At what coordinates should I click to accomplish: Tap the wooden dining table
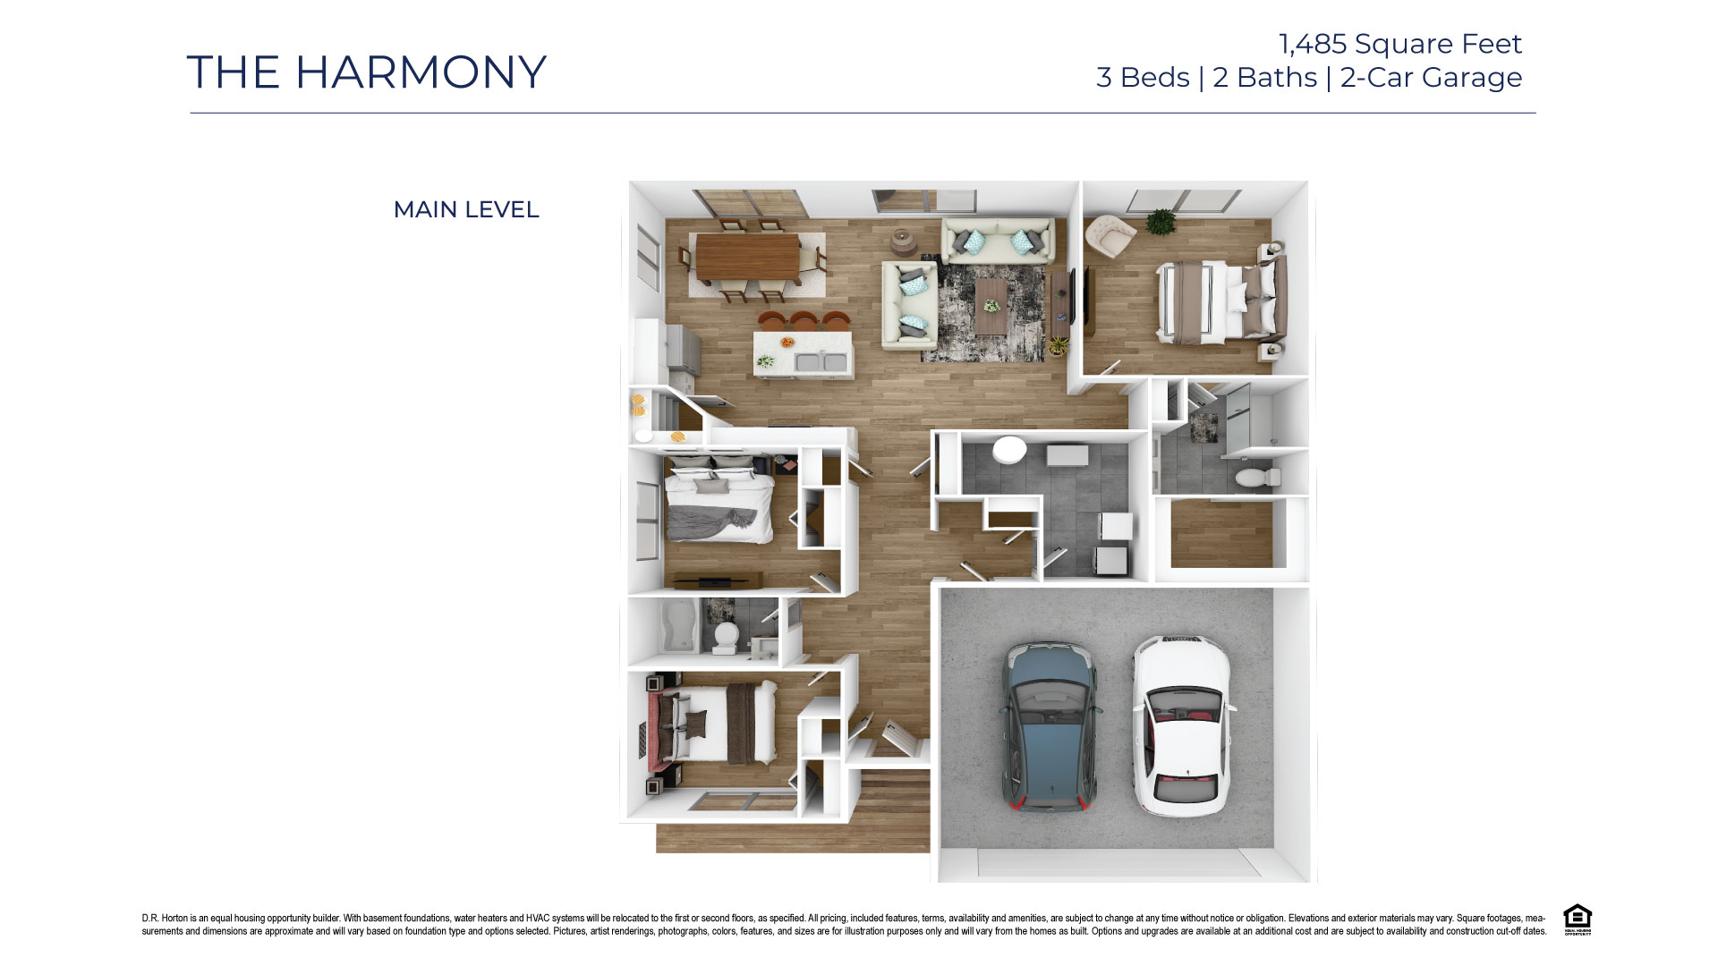pos(748,257)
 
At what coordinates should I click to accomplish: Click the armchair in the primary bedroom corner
pos(1110,235)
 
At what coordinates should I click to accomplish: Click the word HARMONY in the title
pos(421,72)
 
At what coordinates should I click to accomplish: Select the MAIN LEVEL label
pos(466,209)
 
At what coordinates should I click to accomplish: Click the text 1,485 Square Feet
pos(1399,44)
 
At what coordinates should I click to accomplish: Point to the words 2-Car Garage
pos(1431,78)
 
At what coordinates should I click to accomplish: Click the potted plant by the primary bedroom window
pos(1161,221)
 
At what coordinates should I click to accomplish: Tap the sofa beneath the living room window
pos(998,241)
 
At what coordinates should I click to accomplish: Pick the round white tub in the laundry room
pos(1009,450)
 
